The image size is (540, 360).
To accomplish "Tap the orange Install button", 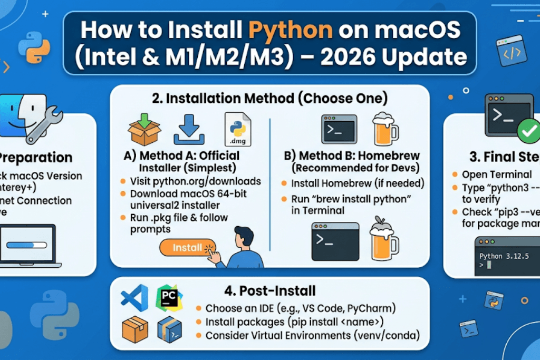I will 187,247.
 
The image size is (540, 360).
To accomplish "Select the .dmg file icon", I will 237,129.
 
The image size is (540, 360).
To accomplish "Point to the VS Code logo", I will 134,298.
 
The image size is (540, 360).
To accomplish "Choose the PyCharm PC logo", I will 169,298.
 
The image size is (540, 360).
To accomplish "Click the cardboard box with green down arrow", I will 144,129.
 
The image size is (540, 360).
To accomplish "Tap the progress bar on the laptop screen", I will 24,246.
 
